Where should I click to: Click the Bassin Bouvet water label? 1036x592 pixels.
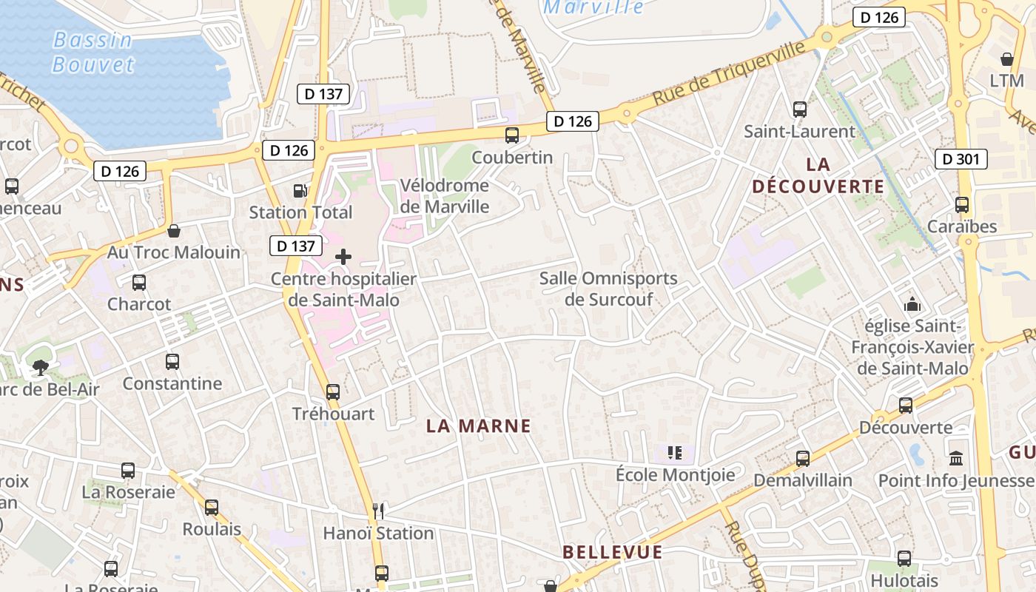93,52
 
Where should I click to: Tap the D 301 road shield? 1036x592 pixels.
961,159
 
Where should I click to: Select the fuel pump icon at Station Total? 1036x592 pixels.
300,191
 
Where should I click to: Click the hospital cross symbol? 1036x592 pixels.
343,257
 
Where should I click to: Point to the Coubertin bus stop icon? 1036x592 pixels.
511,135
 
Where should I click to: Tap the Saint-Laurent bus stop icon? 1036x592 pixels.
799,110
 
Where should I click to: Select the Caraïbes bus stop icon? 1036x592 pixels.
962,205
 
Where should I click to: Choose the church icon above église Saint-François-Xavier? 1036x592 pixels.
912,304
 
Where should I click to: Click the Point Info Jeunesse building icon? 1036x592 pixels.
956,458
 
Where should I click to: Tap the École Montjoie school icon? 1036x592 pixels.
674,452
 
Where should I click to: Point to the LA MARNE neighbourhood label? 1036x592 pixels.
480,425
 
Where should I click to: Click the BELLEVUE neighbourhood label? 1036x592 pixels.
612,552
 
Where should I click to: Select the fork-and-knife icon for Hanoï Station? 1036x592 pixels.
379,511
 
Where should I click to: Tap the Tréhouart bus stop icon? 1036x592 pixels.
333,391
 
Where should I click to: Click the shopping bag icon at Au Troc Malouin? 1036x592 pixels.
174,231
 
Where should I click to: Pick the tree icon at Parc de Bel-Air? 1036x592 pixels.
39,366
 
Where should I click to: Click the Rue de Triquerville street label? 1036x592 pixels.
728,74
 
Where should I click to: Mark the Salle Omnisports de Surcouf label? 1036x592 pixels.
608,289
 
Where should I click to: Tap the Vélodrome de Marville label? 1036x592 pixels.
444,195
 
